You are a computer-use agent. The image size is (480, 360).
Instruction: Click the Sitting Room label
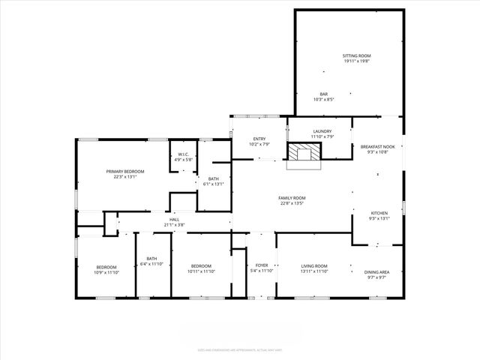tap(357, 56)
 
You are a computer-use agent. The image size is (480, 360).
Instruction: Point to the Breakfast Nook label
tap(376, 146)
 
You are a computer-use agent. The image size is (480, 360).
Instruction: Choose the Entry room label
tap(259, 139)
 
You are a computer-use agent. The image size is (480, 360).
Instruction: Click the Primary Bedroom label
tap(124, 172)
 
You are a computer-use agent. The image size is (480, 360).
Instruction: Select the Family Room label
tap(292, 198)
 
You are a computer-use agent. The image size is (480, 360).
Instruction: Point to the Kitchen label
tap(379, 214)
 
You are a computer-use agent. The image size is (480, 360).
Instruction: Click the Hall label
tap(174, 220)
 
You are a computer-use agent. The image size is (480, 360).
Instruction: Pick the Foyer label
tap(262, 265)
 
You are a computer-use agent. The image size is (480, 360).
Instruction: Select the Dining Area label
tap(376, 272)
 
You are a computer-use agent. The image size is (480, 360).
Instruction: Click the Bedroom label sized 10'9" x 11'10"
tap(106, 268)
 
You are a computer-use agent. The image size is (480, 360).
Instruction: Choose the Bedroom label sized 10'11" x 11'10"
tap(201, 265)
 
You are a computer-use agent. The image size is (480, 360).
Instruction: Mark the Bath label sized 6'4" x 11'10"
tap(151, 259)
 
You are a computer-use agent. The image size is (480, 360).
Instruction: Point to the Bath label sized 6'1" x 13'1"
tap(213, 179)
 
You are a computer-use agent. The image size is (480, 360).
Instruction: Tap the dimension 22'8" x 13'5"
tap(292, 202)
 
